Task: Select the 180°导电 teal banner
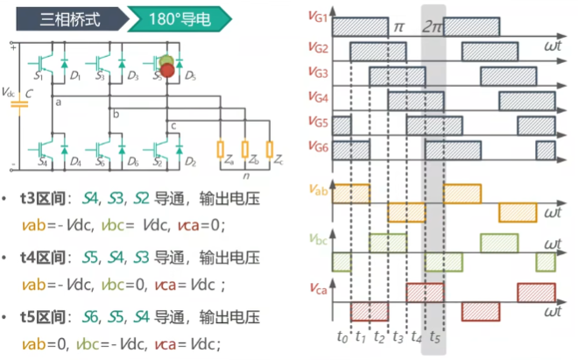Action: [x=180, y=17]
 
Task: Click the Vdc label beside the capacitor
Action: [x=10, y=92]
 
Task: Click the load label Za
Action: [x=229, y=163]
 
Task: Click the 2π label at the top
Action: [x=431, y=26]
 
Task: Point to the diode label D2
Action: [x=191, y=163]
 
